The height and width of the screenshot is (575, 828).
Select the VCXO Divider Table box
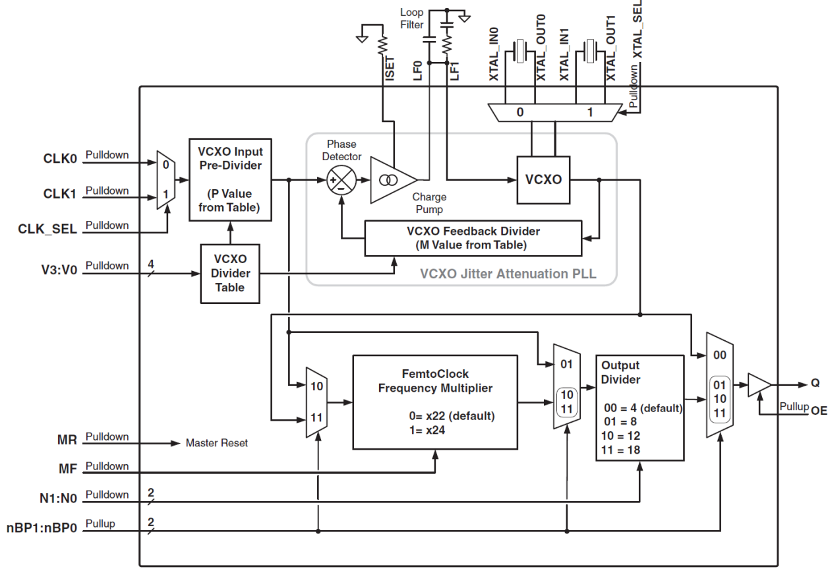(x=230, y=272)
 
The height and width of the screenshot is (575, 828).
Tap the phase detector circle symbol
(x=341, y=179)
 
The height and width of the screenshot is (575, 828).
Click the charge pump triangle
(x=391, y=179)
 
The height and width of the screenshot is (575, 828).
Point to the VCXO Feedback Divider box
(x=473, y=238)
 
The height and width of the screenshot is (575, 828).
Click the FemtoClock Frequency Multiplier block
(x=436, y=410)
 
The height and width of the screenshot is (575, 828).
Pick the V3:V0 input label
(x=59, y=270)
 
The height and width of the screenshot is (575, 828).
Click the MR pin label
(x=69, y=440)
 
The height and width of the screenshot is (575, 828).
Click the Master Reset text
(x=217, y=443)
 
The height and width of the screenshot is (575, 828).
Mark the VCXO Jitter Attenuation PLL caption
(x=508, y=274)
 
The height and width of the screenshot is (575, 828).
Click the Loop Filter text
(x=412, y=18)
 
